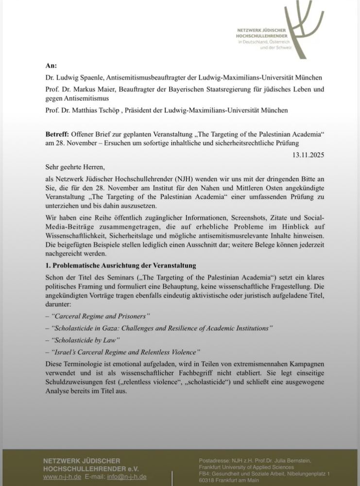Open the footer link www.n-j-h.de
click(61, 477)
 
